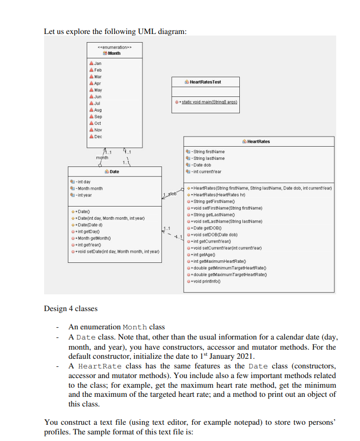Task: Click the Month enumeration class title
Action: click(x=114, y=53)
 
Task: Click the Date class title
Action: click(x=114, y=172)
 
